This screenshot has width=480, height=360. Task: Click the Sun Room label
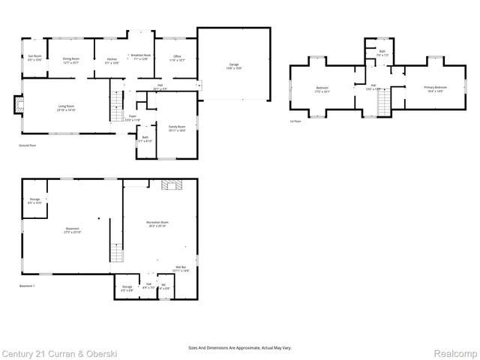[x=34, y=57]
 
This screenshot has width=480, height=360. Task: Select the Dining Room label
[x=71, y=59]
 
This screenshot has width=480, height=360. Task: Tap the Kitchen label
[x=112, y=60]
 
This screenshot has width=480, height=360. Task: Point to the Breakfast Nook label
[x=141, y=57]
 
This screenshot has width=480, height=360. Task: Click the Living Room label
[x=67, y=107]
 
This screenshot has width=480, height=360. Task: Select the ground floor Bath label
[x=145, y=139]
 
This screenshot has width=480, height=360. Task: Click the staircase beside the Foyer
[x=117, y=104]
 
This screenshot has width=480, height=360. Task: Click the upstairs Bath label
[x=382, y=53]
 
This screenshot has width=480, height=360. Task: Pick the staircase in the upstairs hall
[x=385, y=101]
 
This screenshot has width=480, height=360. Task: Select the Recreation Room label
[x=157, y=223]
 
